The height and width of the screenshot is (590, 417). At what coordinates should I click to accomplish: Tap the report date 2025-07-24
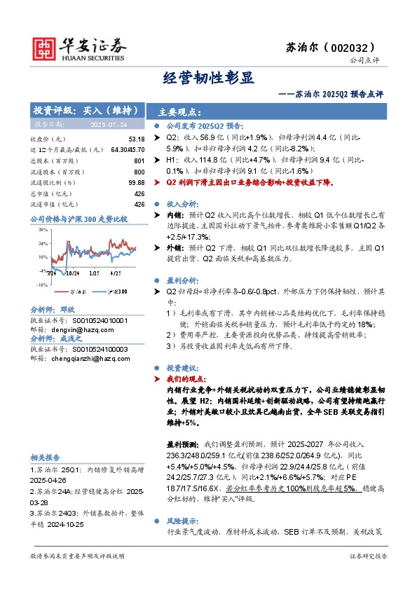[108, 125]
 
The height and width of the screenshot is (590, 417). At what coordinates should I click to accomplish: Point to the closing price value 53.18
[137, 140]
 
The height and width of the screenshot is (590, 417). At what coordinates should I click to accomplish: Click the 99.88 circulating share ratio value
[136, 182]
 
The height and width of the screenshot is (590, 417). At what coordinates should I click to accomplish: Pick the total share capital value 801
[139, 161]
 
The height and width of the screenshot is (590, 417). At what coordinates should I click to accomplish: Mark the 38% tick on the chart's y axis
[42, 230]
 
